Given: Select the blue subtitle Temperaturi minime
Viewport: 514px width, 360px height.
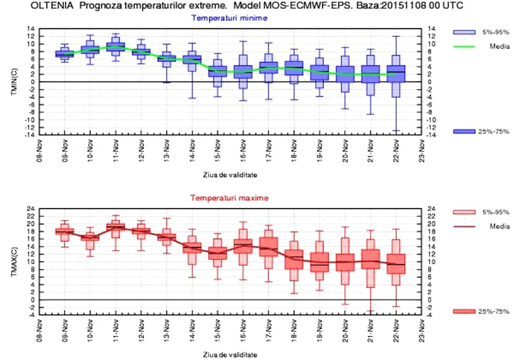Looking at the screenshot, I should (x=229, y=18).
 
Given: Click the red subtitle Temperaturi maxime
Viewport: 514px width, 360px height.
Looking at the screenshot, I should (x=229, y=197).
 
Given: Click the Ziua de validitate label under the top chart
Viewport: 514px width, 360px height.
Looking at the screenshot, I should (x=229, y=174).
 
